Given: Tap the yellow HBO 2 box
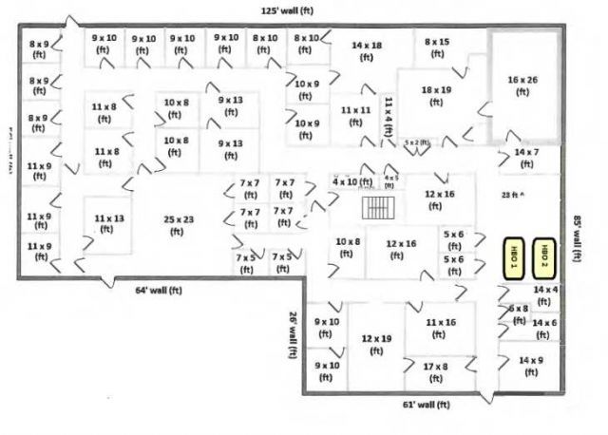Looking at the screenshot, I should pos(544,255).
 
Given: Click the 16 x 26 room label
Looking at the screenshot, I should pos(522,86).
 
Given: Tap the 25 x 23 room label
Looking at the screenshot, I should pos(178,225).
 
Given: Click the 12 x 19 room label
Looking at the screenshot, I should pos(376,345).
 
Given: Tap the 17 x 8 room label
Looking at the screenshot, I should pos(436,371).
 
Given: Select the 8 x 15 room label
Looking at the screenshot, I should pos(437,48).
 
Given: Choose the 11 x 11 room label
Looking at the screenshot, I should pos(356,116).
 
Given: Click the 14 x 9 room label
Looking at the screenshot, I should pos(531,366).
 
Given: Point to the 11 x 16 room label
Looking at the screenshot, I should pos(441,328).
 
